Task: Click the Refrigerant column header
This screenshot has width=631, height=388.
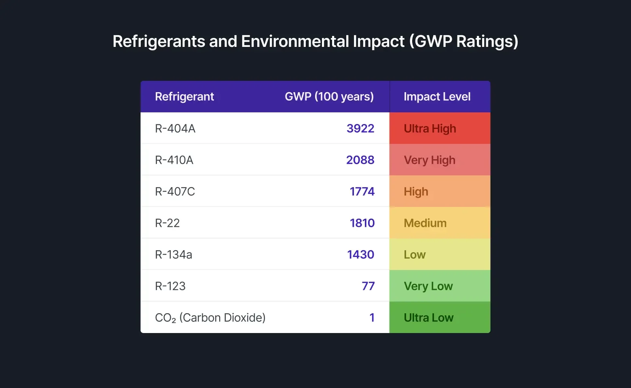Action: (184, 97)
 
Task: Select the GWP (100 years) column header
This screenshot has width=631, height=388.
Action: (329, 97)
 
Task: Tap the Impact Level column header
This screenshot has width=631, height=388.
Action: (437, 97)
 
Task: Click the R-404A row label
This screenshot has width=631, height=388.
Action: (175, 129)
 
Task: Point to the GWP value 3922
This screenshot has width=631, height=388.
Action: (360, 129)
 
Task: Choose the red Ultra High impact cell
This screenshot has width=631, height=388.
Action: (439, 129)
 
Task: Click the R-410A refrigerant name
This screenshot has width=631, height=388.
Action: (174, 160)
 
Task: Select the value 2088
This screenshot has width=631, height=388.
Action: (360, 160)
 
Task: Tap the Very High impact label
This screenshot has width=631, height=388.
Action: (430, 160)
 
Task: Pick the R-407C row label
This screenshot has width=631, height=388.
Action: (175, 192)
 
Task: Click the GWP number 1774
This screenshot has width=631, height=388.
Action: (362, 192)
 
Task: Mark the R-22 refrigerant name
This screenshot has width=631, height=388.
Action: (167, 223)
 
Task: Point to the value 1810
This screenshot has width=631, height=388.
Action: (362, 223)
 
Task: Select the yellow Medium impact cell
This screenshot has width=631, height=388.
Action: (439, 223)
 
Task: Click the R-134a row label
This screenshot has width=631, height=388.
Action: (174, 255)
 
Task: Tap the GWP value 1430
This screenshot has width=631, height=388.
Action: (360, 255)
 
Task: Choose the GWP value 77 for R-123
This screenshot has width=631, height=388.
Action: (368, 286)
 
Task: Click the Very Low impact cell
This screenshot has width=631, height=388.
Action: (439, 286)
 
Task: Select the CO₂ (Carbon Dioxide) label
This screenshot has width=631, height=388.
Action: (210, 318)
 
